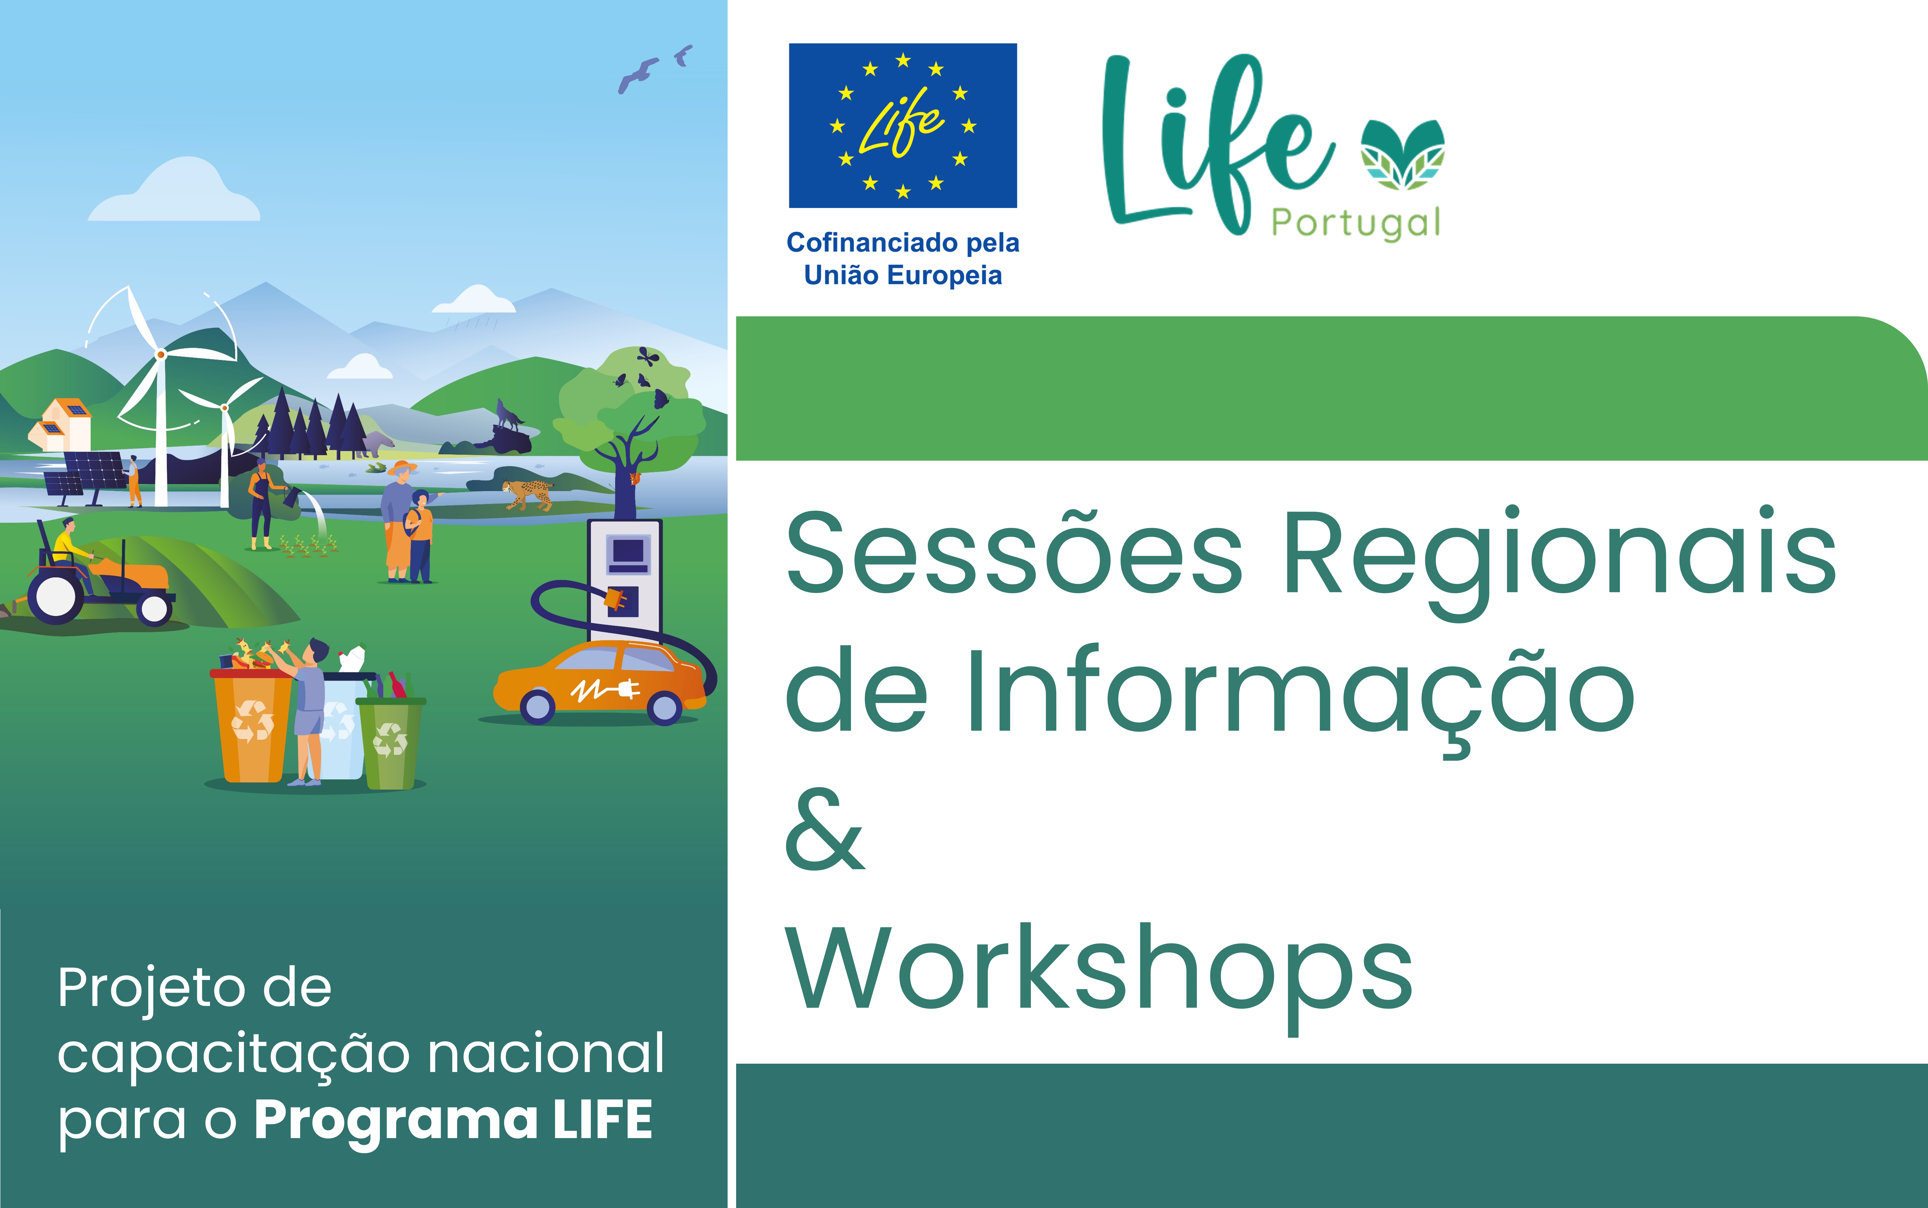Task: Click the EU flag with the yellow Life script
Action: [903, 126]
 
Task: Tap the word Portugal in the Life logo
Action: [1356, 224]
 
